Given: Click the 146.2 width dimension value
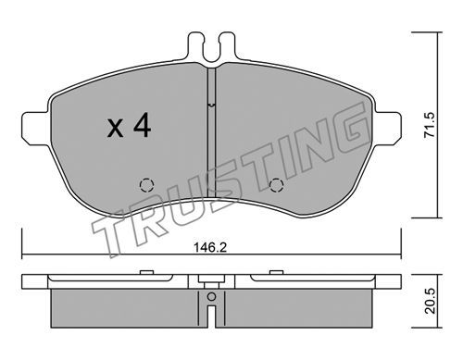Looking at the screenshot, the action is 210,247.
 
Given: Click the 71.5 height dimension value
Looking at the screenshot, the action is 429,124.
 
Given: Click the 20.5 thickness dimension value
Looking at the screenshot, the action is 430,301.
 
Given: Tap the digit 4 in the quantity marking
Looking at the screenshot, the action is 142,125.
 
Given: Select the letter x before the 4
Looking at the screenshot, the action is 115,129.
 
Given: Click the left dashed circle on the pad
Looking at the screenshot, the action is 146,185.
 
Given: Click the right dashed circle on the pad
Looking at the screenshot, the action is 276,185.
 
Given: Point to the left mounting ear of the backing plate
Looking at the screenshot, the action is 35,129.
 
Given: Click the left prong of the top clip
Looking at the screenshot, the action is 195,45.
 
